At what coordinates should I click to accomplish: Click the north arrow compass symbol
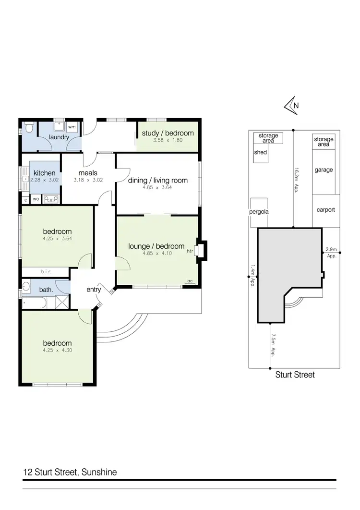click(x=292, y=105)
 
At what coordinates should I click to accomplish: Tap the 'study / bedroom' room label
click(x=168, y=133)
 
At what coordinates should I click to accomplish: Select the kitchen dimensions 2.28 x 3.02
click(x=44, y=180)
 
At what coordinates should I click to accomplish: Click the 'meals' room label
click(x=88, y=173)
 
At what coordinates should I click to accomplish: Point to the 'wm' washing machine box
click(x=72, y=127)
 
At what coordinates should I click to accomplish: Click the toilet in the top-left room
click(x=29, y=128)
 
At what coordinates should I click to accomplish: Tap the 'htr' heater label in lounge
click(x=190, y=251)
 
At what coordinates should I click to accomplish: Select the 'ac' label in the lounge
click(x=190, y=281)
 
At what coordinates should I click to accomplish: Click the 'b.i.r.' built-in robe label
click(x=46, y=272)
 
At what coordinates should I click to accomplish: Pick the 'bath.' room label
click(x=46, y=290)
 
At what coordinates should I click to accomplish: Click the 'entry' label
click(x=94, y=290)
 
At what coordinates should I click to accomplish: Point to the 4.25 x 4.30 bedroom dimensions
click(x=58, y=350)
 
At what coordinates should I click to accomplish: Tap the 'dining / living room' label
click(x=157, y=181)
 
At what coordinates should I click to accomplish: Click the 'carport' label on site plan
click(x=326, y=210)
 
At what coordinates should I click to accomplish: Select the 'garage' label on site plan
click(x=324, y=170)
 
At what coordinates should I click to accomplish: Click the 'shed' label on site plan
click(x=260, y=152)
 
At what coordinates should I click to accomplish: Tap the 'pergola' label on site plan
click(x=258, y=212)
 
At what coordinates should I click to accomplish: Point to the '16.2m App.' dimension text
click(x=297, y=178)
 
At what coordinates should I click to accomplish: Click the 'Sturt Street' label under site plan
click(x=295, y=375)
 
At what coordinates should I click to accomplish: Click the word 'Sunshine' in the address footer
click(x=98, y=472)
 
